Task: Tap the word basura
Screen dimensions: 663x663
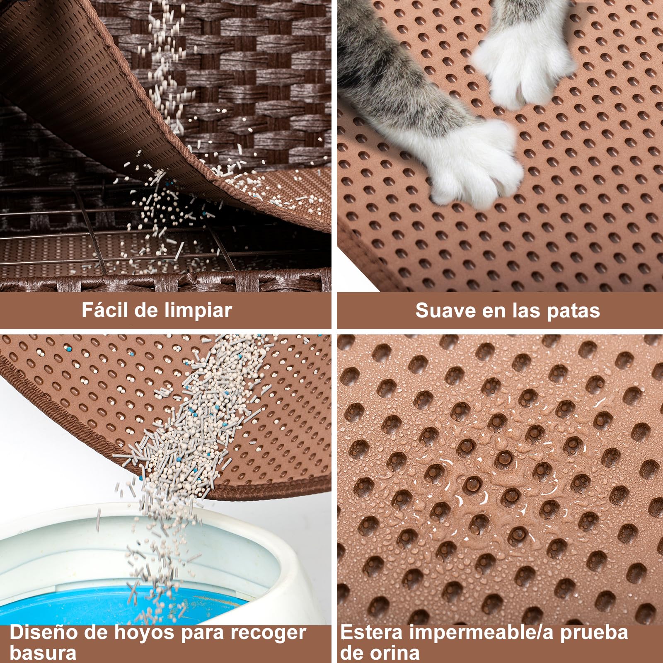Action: coord(43,653)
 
